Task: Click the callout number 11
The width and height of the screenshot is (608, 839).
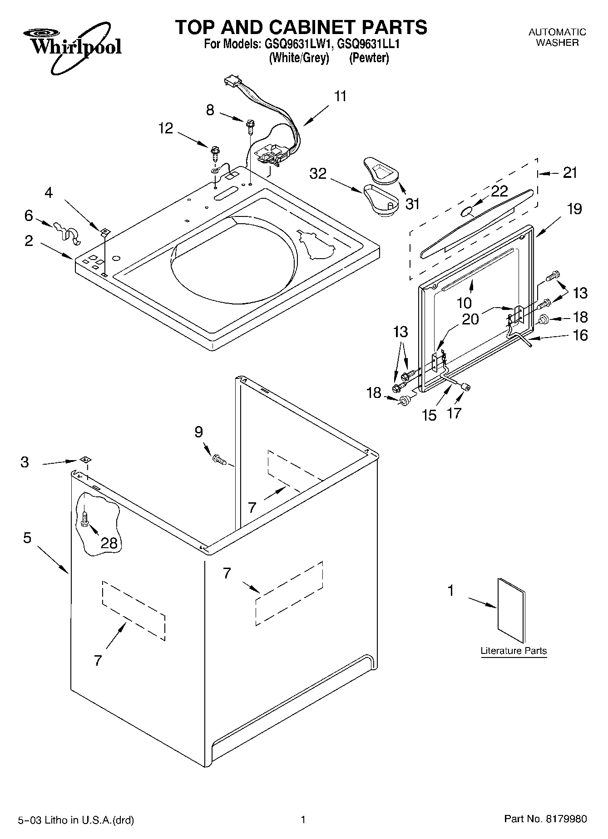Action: click(x=340, y=96)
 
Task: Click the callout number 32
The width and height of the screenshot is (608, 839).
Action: click(x=318, y=173)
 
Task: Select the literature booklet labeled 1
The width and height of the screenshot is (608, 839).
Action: click(x=511, y=611)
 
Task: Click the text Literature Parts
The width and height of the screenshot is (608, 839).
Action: click(x=514, y=651)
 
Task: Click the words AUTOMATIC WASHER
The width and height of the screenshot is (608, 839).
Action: click(x=557, y=37)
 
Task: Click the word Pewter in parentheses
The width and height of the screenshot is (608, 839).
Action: click(x=369, y=58)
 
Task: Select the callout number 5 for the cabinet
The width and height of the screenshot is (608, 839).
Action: click(x=27, y=538)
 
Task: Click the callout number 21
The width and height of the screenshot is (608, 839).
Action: click(x=570, y=173)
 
